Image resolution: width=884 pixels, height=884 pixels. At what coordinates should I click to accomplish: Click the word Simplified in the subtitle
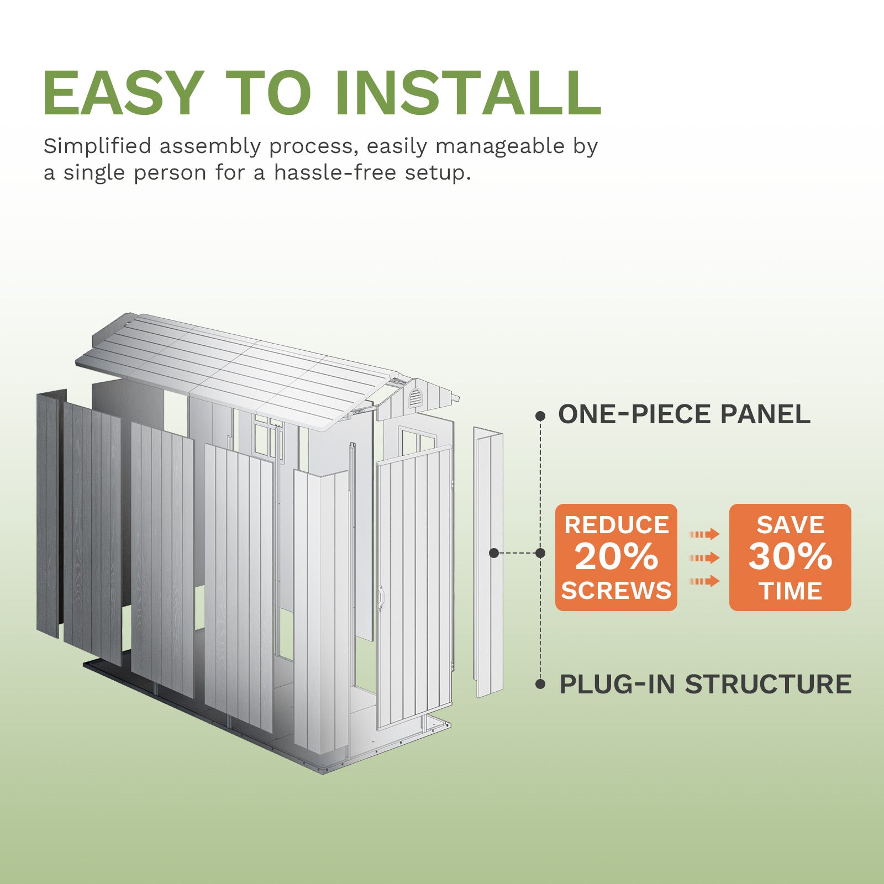[97, 146]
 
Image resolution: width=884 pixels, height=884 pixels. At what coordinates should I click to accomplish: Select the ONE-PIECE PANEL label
[683, 414]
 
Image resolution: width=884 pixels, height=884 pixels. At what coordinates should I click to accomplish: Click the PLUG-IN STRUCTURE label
[705, 684]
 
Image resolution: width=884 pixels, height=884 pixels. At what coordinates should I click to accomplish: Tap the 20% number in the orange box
[616, 556]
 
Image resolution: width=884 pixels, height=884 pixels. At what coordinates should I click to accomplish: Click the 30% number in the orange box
[790, 556]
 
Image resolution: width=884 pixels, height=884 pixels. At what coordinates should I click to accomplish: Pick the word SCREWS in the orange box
[616, 591]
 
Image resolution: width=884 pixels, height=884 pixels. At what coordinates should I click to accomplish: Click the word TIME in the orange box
[790, 591]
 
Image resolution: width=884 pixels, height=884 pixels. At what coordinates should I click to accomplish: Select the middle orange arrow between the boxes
[704, 557]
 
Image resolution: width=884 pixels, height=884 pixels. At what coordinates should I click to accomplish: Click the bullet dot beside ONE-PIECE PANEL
[540, 415]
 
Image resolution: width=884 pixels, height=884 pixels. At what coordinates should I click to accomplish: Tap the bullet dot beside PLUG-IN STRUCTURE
[540, 685]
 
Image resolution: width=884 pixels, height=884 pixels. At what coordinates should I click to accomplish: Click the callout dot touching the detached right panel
[494, 552]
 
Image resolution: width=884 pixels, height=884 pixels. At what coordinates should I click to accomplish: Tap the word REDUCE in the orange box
[616, 525]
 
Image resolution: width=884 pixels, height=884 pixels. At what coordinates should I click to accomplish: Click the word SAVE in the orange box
[790, 525]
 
